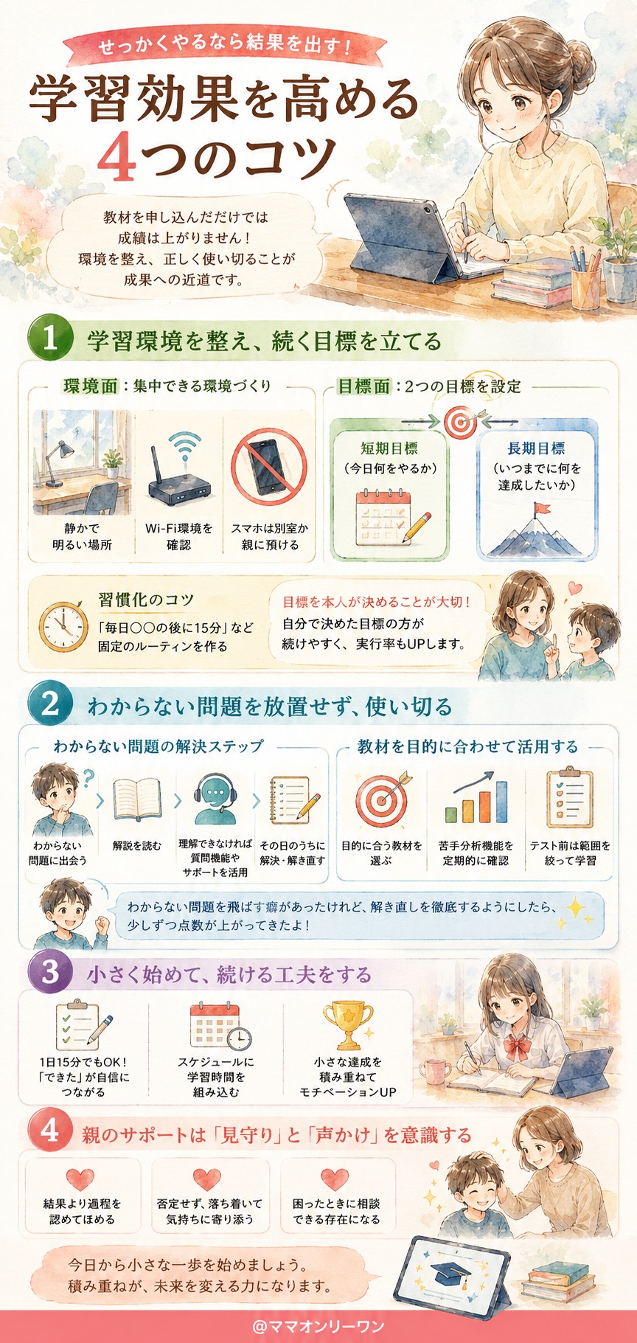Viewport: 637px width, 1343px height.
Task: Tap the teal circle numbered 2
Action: (50, 704)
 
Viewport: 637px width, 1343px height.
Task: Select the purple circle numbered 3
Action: (50, 972)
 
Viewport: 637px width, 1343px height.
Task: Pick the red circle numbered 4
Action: (50, 1131)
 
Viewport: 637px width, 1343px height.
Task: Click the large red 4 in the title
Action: (118, 156)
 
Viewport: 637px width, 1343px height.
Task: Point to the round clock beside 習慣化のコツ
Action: (63, 626)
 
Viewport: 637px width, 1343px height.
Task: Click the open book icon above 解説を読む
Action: (137, 800)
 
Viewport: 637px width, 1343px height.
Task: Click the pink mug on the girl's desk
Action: (433, 1074)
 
